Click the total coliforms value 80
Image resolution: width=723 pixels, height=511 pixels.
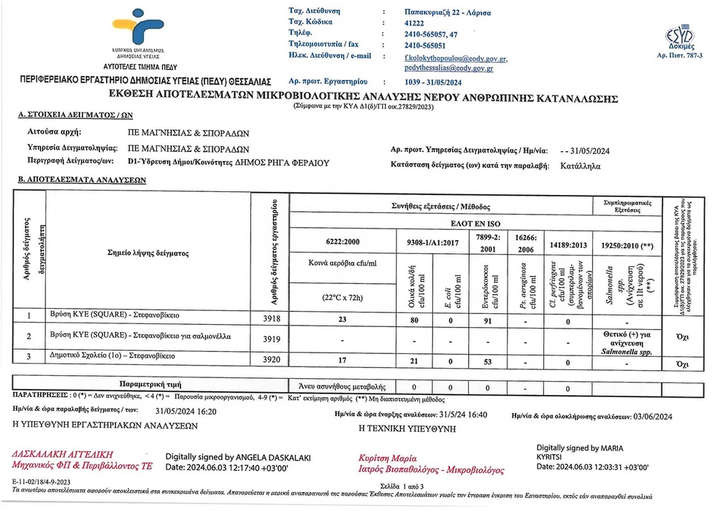tap(413, 318)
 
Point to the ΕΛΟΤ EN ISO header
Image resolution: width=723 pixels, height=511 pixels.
tap(475, 223)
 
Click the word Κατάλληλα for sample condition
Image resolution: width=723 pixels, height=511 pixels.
tap(581, 166)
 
